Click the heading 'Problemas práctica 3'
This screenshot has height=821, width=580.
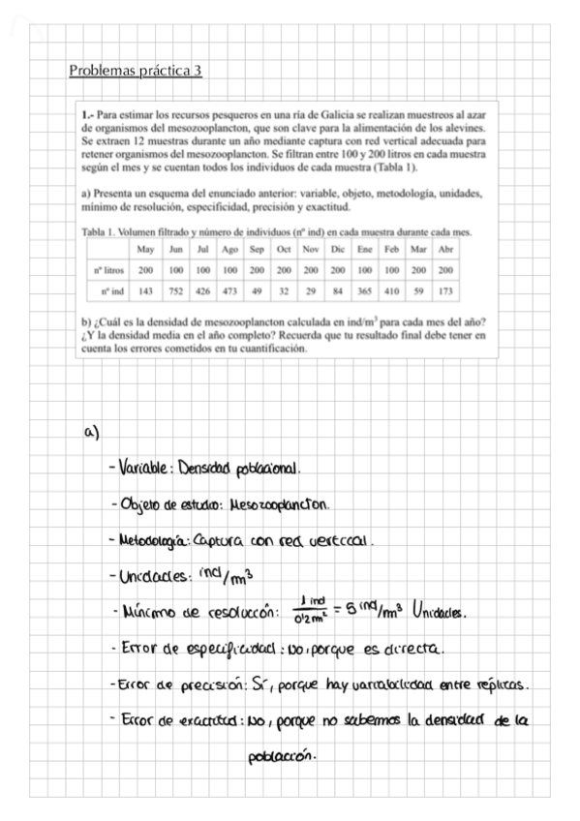[135, 71]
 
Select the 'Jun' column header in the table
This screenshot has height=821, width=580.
[175, 250]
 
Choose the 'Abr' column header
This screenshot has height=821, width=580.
[446, 250]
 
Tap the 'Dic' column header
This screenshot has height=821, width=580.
[338, 250]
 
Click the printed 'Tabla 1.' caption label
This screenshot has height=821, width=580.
[101, 232]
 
